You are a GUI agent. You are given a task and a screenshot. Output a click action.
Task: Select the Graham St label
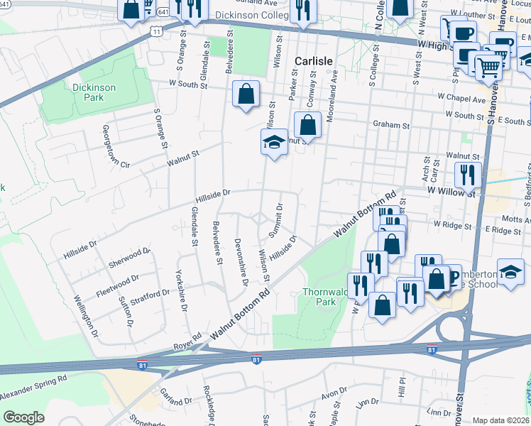tap(392, 125)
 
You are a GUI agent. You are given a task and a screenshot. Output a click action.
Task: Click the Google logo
tap(23, 417)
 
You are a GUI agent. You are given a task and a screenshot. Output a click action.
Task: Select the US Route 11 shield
tap(156, 31)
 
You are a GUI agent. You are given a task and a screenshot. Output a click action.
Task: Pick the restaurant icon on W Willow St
tap(468, 174)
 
